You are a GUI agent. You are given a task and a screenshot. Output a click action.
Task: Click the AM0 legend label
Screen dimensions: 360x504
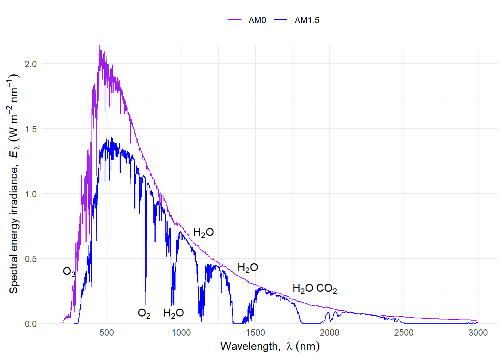tap(257, 20)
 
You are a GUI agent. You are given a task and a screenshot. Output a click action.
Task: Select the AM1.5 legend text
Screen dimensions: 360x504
tap(307, 20)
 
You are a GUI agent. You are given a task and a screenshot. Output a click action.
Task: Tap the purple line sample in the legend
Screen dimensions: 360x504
tap(235, 20)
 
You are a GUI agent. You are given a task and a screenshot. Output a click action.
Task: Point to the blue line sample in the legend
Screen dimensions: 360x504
tap(280, 20)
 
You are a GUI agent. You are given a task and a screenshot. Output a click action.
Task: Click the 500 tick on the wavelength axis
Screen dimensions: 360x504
tap(107, 333)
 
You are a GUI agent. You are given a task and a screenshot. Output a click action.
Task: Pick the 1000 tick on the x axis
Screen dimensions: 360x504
tap(181, 333)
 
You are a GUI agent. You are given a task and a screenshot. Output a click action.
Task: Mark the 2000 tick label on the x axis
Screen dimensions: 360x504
tap(330, 333)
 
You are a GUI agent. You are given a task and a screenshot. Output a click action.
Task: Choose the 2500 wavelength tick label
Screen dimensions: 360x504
tap(404, 333)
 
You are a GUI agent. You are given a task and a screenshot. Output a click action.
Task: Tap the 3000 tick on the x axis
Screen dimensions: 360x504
tap(478, 333)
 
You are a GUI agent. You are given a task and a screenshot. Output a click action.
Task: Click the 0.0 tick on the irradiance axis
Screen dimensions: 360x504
tap(31, 324)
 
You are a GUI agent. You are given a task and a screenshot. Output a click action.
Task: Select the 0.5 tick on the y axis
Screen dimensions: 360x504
tap(31, 259)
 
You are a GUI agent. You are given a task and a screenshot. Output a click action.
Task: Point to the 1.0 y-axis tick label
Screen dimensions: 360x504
tap(31, 194)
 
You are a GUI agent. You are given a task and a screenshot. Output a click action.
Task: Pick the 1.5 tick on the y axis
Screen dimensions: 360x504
tap(31, 129)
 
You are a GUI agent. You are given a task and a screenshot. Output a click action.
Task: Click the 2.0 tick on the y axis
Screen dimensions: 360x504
tap(31, 64)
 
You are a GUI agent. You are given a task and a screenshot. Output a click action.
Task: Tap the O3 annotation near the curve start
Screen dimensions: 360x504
tap(69, 271)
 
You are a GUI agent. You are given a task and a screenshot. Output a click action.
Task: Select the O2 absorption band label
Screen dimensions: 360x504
tap(144, 313)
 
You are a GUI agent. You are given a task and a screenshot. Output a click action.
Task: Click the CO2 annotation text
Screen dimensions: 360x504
tap(327, 289)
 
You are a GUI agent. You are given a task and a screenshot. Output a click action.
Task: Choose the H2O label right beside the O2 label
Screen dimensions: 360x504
tap(173, 313)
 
